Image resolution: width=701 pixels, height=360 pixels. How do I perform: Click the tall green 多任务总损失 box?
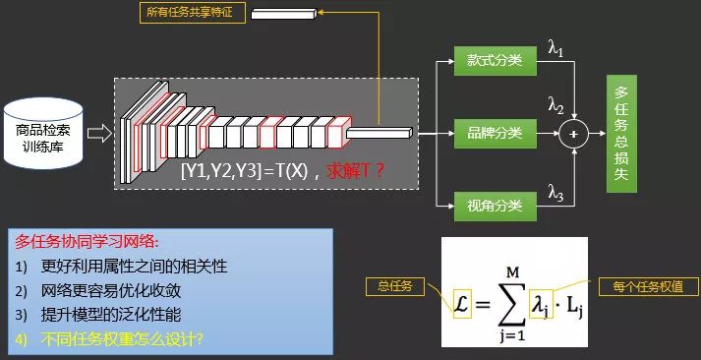coord(621,132)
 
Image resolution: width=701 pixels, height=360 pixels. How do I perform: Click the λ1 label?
coord(557,44)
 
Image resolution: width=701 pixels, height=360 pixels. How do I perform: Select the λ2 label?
coord(557,105)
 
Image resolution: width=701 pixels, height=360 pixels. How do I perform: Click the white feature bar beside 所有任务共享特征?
coord(286,13)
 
